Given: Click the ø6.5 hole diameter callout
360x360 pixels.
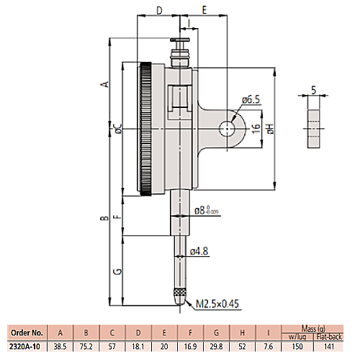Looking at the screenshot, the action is click(x=251, y=99).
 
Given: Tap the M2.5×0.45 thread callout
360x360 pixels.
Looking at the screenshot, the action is click(x=217, y=304).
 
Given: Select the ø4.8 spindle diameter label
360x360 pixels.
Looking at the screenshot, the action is click(x=199, y=251).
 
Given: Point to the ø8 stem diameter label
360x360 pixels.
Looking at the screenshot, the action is click(x=207, y=210).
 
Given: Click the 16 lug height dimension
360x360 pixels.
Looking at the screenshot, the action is click(x=256, y=129).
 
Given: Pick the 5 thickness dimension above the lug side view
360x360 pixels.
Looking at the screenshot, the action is click(x=314, y=90).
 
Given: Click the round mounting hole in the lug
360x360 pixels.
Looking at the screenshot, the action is click(x=227, y=129).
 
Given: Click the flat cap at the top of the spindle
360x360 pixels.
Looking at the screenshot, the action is click(x=180, y=40).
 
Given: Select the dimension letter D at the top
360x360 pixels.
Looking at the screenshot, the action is click(x=159, y=10).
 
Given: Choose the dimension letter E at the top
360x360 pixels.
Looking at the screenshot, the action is click(x=204, y=10).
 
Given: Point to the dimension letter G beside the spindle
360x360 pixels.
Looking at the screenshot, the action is click(x=118, y=271).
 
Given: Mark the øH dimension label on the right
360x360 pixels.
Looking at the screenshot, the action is click(x=270, y=129).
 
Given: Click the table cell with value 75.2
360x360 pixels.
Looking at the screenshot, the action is click(x=86, y=346).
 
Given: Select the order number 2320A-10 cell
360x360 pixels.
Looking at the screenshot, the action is click(x=24, y=346).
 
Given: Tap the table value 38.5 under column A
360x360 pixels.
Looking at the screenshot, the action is click(x=60, y=346).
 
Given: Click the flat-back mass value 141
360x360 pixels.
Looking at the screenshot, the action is click(x=329, y=346).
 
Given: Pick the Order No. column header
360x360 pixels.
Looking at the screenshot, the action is click(x=27, y=333).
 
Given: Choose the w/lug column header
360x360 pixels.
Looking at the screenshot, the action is click(x=297, y=336).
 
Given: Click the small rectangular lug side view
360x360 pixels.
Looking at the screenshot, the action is click(x=314, y=129).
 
